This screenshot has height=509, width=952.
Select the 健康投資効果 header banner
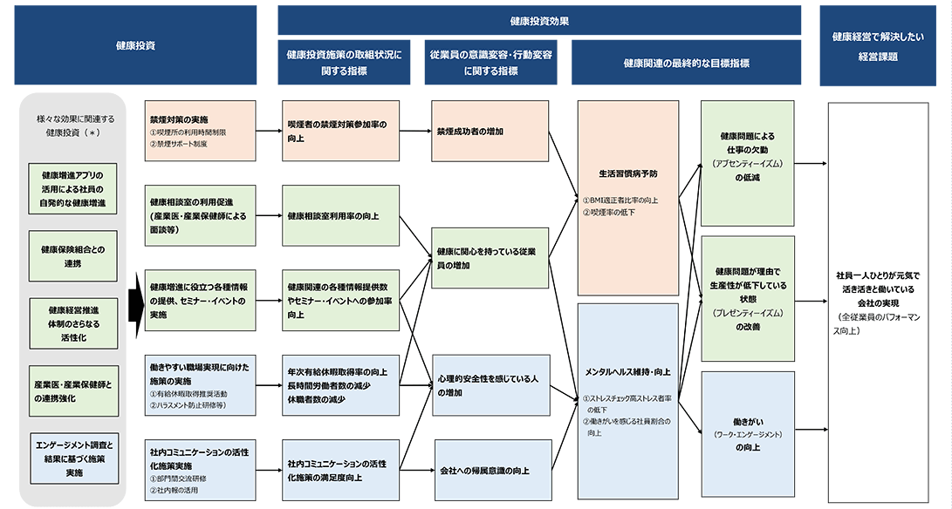point(539,20)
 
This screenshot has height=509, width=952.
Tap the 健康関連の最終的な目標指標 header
point(686,63)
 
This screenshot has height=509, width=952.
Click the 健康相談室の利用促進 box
point(200,215)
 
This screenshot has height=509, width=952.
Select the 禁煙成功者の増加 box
point(489,132)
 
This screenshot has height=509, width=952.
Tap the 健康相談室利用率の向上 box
point(340,215)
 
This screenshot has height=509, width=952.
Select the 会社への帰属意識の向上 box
point(492,471)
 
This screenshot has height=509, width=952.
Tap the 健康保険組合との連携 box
point(72,256)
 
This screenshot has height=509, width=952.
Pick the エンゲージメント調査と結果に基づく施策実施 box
point(73,458)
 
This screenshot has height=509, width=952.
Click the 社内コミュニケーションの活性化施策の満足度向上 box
point(340,471)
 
